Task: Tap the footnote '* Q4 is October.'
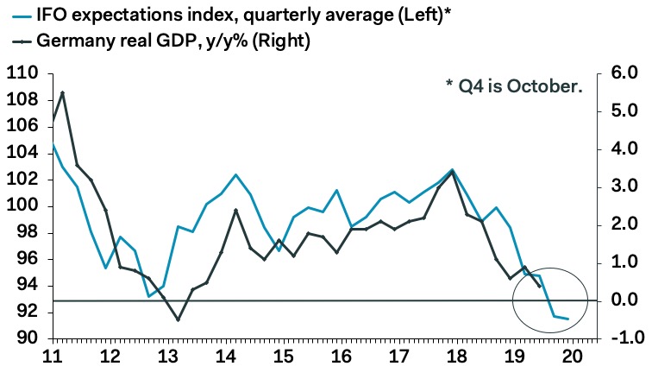tap(513, 85)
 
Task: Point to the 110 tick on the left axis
tap(23, 74)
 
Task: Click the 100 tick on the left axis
tap(23, 206)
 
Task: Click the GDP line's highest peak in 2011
tap(63, 92)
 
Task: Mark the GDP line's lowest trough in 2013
tap(179, 319)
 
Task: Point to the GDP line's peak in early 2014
tap(236, 210)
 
